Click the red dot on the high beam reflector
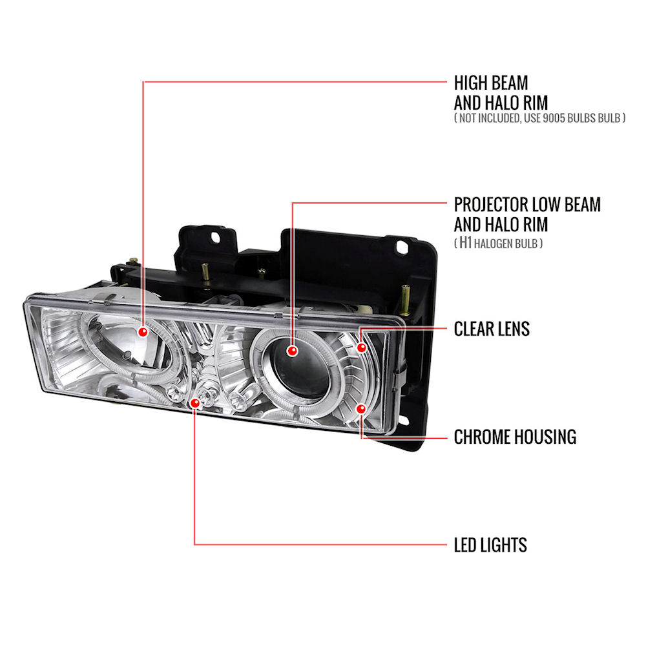[143, 331]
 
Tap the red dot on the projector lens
[292, 351]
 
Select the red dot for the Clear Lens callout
[361, 348]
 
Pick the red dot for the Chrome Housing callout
[361, 409]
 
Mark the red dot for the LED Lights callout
[195, 403]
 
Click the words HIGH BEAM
[491, 83]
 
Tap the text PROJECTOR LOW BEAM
[527, 204]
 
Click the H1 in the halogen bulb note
[465, 243]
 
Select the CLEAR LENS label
[492, 329]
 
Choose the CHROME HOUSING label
[515, 437]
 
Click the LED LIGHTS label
[490, 545]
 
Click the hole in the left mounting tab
[216, 237]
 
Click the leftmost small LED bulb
[174, 392]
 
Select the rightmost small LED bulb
[238, 400]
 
